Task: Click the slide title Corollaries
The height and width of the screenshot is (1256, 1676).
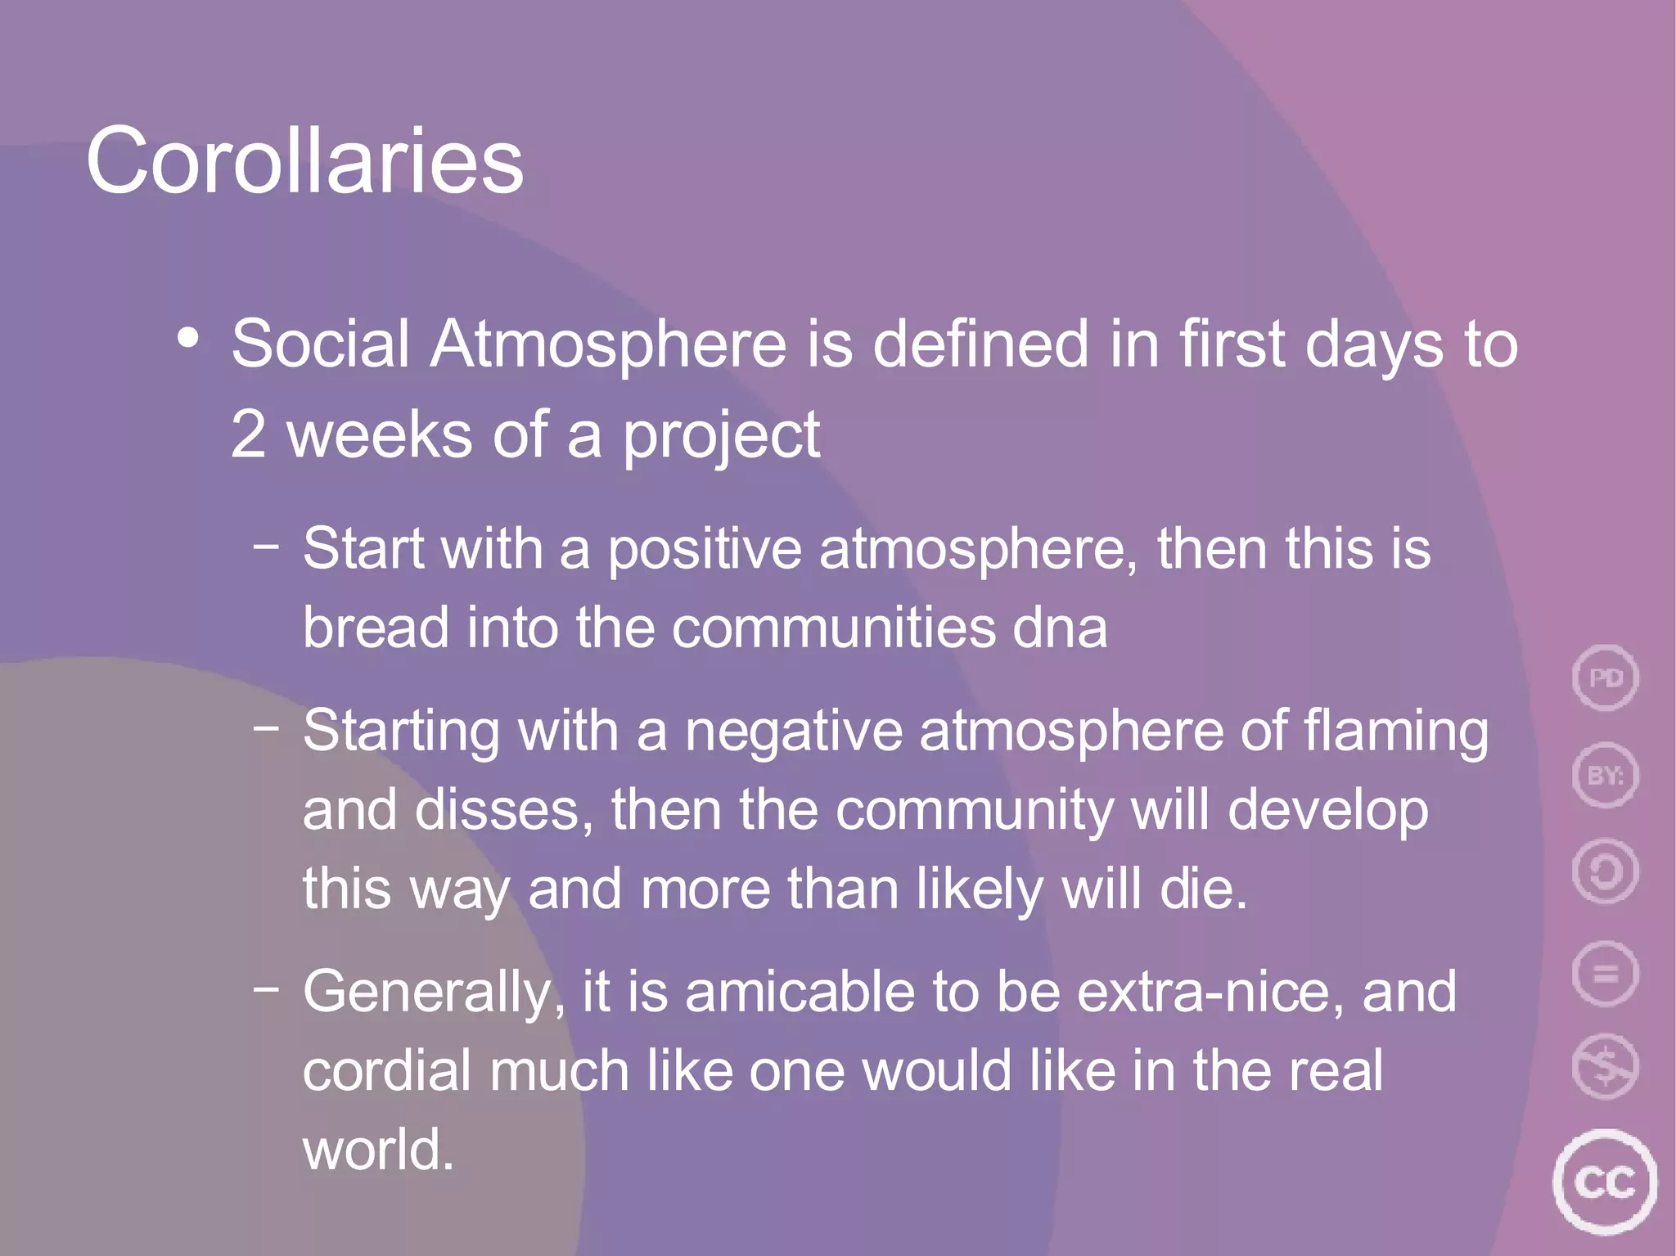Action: (304, 160)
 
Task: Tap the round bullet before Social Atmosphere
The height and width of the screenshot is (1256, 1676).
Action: (188, 338)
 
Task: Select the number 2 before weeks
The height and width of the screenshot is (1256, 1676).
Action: (248, 434)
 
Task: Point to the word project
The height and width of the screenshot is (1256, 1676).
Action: (721, 436)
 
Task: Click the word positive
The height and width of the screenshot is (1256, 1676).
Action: (704, 550)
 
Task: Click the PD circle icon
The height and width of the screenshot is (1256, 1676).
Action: (1606, 678)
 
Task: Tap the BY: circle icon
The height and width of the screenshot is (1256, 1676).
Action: (1606, 774)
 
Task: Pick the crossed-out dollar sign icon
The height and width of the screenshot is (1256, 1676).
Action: (1606, 1066)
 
